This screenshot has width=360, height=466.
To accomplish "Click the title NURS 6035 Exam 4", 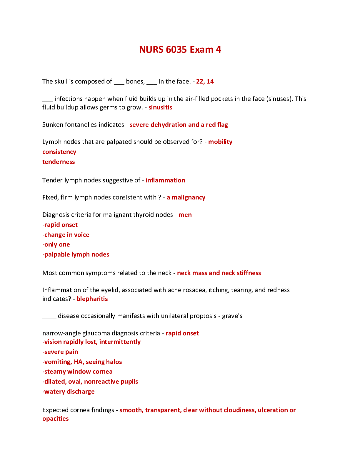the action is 180,49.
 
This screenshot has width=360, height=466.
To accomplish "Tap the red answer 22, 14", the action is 205,81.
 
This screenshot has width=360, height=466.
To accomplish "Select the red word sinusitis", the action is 160,107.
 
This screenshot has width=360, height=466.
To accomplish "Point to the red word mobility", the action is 220,142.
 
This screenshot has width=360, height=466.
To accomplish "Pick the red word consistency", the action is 59,152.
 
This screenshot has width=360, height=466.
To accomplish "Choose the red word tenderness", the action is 59,162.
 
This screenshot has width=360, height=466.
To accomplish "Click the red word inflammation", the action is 165,180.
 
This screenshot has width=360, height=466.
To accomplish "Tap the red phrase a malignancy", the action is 186,197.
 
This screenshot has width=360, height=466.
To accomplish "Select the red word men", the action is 185,215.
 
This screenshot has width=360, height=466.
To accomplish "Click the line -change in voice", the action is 66,234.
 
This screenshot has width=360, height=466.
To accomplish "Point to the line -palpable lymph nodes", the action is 76,254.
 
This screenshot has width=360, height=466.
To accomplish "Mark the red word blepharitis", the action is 92,299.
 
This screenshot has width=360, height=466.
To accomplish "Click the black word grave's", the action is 232,316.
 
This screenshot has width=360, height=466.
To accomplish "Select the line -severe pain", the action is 60,352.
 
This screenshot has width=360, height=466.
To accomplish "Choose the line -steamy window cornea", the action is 77,372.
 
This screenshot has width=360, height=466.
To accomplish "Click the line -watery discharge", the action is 69,391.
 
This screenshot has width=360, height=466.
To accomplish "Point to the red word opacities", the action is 56,418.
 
